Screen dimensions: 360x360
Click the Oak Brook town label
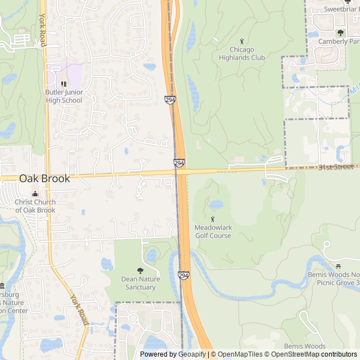(44, 178)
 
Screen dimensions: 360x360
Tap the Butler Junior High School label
(64, 96)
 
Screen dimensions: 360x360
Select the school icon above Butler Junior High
(64, 83)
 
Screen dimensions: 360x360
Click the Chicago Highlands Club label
(241, 53)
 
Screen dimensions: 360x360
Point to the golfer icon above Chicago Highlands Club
(242, 40)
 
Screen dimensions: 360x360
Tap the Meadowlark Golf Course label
(213, 232)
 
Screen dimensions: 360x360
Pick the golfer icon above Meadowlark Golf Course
(213, 218)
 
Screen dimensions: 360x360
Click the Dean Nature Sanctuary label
(141, 283)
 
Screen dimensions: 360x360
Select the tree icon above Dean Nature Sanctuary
(140, 271)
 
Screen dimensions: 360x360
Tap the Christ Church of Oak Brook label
(35, 206)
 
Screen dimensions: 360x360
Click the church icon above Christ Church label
(35, 193)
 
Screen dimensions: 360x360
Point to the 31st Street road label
(336, 167)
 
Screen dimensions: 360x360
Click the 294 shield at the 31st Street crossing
(179, 163)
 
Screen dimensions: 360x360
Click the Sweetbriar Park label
(341, 8)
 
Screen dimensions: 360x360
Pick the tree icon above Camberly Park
(340, 33)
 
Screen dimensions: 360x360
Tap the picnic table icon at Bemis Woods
(339, 267)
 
